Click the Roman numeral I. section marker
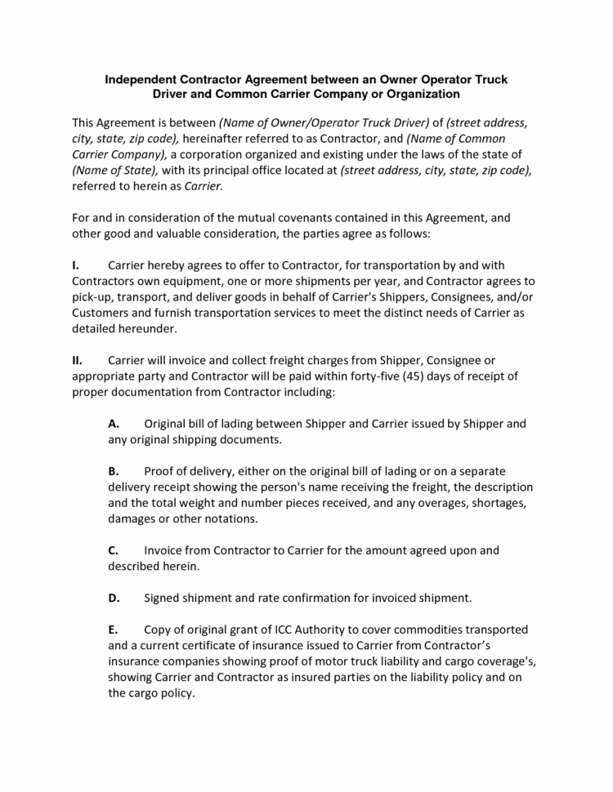[x=74, y=265]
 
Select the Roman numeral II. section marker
[x=76, y=360]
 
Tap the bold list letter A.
[x=114, y=424]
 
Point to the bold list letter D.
[x=114, y=598]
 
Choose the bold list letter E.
[x=114, y=630]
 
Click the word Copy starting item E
[x=159, y=630]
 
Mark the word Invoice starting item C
[x=167, y=550]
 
